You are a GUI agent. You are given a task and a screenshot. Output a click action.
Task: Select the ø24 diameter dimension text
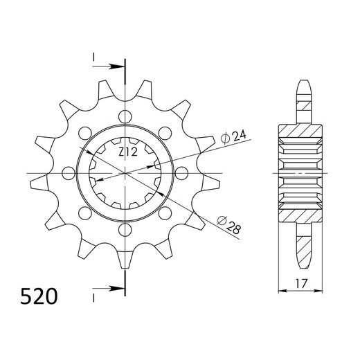231,137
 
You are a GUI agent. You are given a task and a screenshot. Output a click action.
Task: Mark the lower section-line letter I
93,298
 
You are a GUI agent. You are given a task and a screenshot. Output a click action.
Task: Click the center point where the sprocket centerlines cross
125,172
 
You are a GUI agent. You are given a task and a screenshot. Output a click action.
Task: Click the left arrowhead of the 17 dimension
282,290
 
